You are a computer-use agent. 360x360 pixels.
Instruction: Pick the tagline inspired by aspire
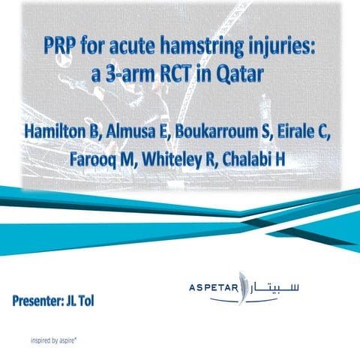(59, 338)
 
